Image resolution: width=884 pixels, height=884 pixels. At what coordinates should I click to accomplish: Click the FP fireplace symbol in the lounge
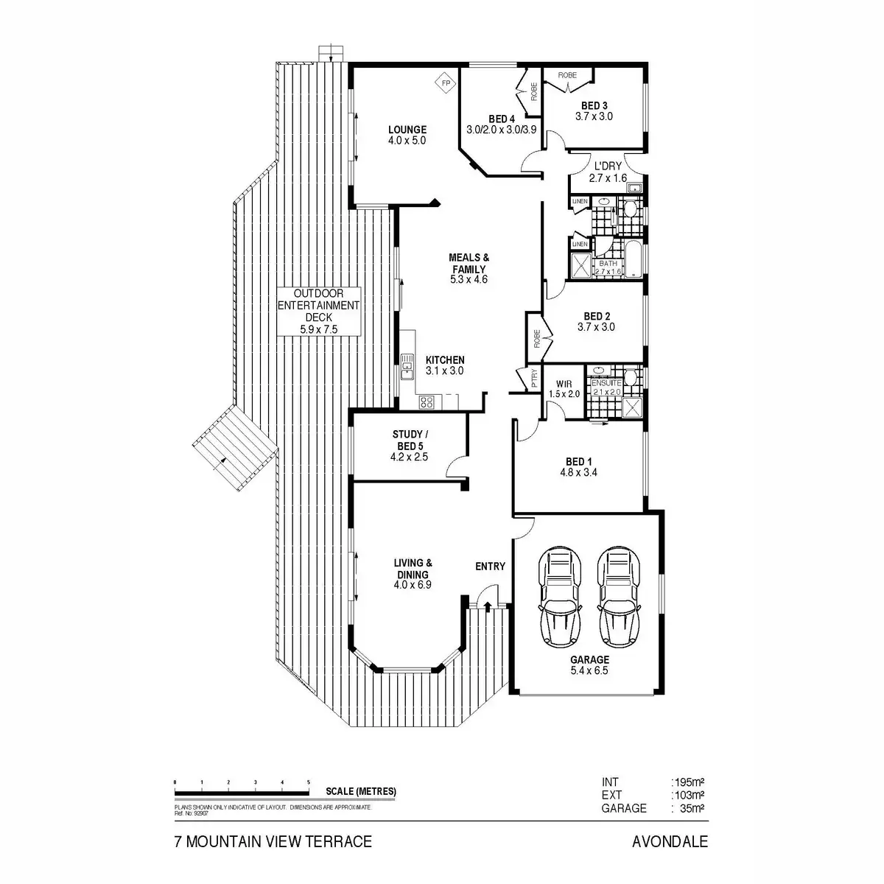coord(445,83)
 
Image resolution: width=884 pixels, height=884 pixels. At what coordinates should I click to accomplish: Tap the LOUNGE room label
coord(407,130)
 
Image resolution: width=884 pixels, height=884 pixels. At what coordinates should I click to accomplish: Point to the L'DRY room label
coord(607,166)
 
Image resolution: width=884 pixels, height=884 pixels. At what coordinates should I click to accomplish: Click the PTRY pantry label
coord(535,378)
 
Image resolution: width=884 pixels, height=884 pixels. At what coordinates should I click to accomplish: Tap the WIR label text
coord(564,384)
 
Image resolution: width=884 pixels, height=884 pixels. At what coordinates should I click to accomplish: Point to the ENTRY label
coord(490,566)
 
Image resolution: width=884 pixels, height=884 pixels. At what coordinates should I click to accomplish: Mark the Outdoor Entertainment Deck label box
coord(318,312)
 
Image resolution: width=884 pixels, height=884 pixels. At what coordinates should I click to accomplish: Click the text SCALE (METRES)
coord(361,792)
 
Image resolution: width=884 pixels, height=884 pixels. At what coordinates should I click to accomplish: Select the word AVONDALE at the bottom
coord(670,841)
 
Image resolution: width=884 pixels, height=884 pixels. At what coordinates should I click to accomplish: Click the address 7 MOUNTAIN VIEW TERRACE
coord(273,841)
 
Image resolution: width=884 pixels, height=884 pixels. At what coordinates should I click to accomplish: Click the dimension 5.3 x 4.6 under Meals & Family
coord(469,279)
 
